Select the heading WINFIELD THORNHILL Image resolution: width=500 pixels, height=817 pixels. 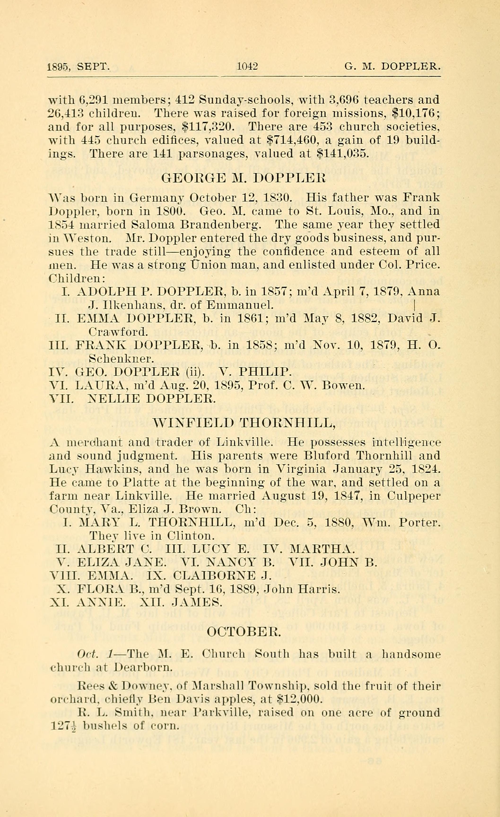[x=244, y=423]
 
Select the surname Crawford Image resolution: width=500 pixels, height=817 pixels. [x=118, y=332]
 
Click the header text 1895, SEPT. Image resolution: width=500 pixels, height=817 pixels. [x=78, y=67]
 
